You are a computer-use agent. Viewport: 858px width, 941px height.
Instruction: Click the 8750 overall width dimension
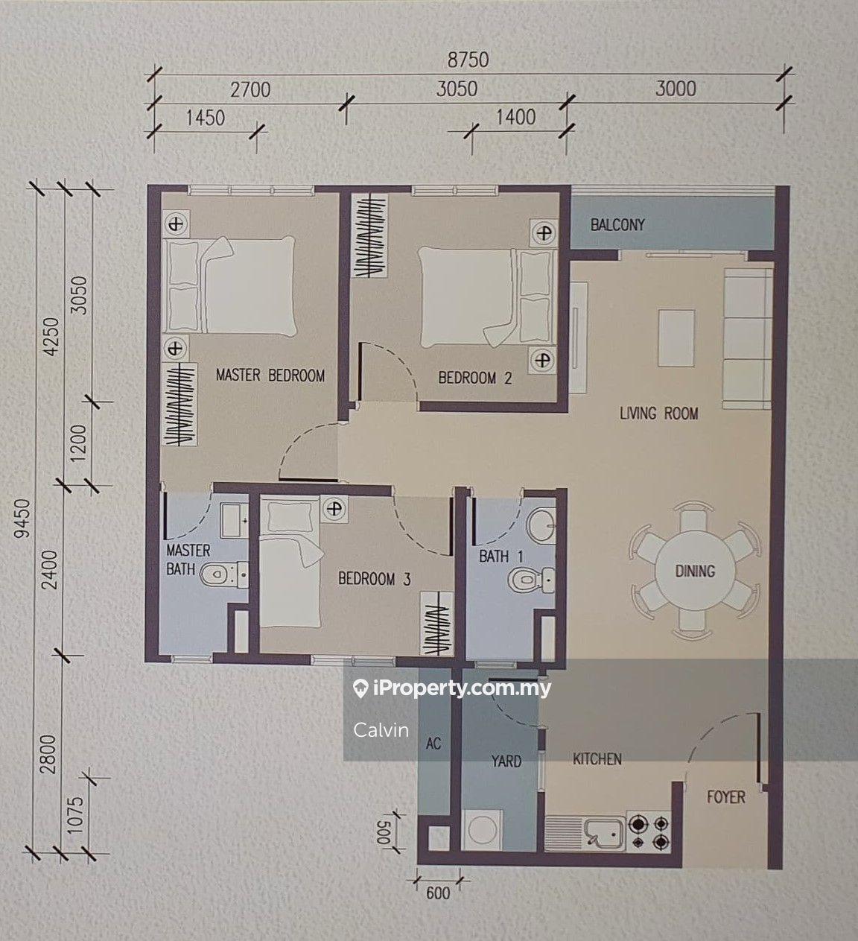[468, 60]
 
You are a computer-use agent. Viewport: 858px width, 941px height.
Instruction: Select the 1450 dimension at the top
[206, 118]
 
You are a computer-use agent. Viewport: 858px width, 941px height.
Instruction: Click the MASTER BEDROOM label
[270, 376]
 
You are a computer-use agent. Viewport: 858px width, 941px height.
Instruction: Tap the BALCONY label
[617, 225]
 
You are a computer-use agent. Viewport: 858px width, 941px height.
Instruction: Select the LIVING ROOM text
[658, 414]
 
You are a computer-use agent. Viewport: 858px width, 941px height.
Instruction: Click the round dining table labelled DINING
[695, 571]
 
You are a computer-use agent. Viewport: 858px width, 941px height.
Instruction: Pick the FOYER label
[726, 796]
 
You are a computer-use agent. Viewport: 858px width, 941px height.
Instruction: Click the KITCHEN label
[597, 759]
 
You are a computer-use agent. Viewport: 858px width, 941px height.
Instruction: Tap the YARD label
[506, 761]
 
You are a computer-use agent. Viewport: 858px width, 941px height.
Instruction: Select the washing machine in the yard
[482, 829]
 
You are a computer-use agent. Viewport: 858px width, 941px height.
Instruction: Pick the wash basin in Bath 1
[541, 527]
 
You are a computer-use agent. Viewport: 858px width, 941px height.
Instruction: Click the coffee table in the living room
[676, 338]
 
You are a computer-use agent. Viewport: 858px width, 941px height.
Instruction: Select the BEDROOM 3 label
[375, 578]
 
